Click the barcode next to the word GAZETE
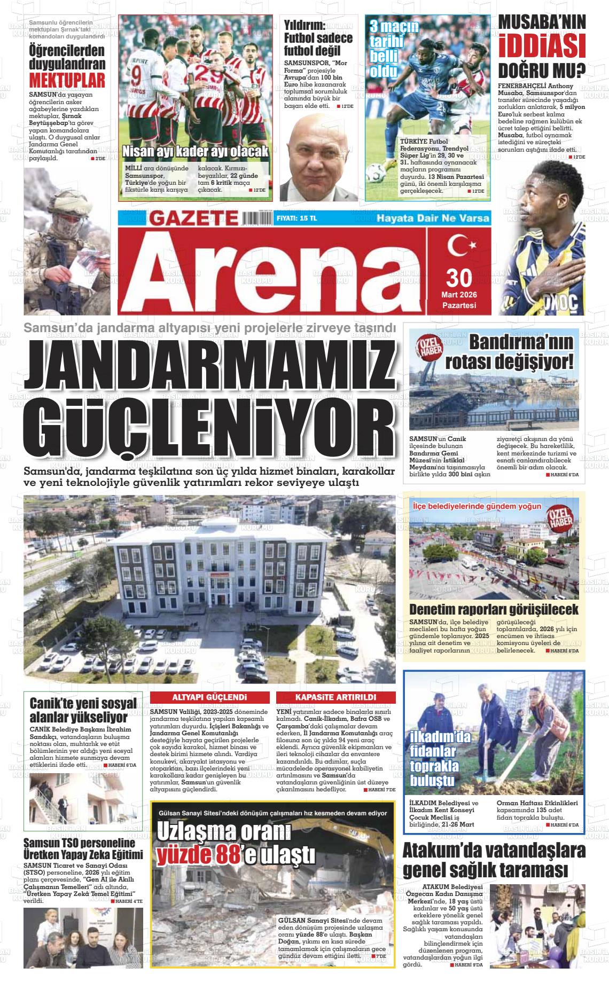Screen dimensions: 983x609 click(x=256, y=218)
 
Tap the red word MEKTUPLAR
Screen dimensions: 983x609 click(x=67, y=80)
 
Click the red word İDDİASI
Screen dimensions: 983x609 click(x=541, y=46)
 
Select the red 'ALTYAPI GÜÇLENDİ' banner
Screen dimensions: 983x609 click(x=209, y=697)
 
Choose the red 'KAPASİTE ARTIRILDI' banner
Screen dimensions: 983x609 click(x=335, y=697)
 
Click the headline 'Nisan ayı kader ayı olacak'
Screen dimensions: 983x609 click(x=195, y=152)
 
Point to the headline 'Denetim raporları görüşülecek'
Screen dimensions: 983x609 click(x=494, y=609)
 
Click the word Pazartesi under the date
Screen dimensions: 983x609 click(x=459, y=305)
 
